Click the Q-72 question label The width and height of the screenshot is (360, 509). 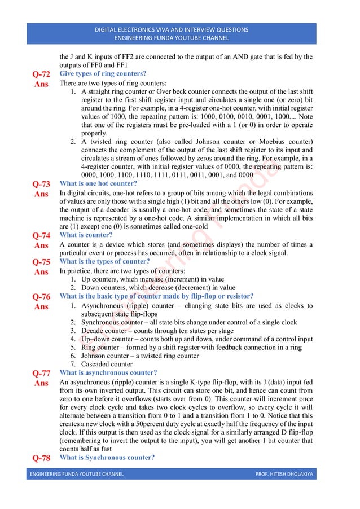[x=41, y=74]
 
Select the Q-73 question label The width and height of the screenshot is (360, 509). [x=41, y=184]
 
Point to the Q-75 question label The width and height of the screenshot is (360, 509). [x=41, y=262]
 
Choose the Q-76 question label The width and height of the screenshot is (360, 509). [x=41, y=297]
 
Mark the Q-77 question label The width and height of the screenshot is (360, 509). [x=41, y=373]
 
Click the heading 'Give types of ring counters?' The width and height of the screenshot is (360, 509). [x=103, y=73]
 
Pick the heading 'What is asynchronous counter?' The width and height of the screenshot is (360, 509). [x=108, y=372]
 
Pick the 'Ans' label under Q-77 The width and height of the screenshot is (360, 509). [x=41, y=383]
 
